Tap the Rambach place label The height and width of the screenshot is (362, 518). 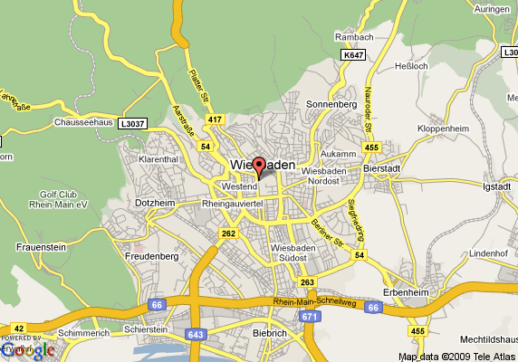354,36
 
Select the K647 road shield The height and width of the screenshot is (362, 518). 353,55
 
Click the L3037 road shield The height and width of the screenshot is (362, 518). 132,123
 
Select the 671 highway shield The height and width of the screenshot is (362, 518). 311,316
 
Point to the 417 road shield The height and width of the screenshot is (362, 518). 215,119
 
